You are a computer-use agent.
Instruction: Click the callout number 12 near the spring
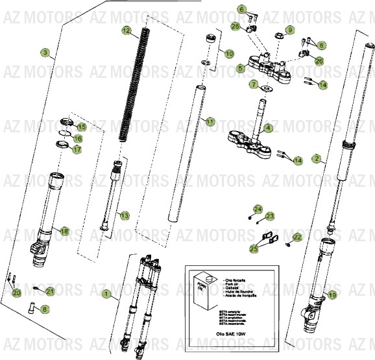[126, 30]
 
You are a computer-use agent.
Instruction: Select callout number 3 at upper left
[45, 53]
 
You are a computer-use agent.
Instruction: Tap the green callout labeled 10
[229, 54]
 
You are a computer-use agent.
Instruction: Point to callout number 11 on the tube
[209, 121]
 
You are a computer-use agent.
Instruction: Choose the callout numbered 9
[290, 30]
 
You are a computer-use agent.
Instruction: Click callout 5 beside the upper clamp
[240, 67]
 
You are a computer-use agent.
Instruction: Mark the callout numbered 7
[254, 84]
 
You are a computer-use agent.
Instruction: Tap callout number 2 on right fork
[316, 158]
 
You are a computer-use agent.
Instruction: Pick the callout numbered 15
[82, 126]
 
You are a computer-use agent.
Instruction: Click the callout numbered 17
[77, 150]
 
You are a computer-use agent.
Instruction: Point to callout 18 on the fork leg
[64, 231]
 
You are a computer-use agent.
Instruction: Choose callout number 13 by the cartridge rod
[125, 215]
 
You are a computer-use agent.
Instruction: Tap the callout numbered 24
[258, 209]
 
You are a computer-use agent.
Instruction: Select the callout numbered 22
[296, 237]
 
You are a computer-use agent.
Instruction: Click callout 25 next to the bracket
[254, 248]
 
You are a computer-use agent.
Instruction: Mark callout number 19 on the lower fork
[332, 295]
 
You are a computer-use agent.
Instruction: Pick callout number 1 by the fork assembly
[106, 294]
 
